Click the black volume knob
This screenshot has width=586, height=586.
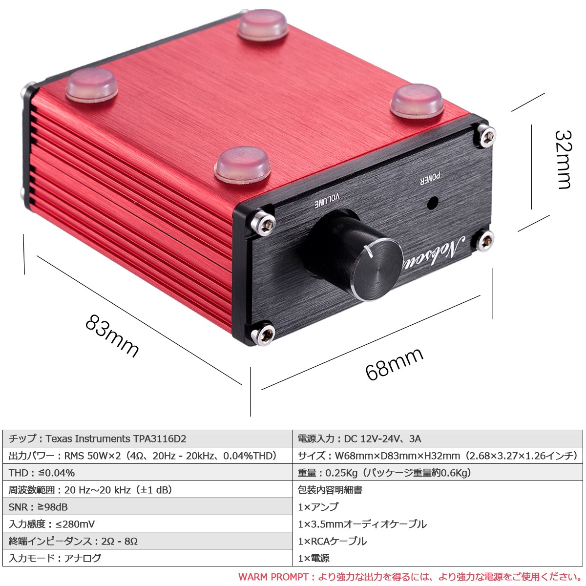pyautogui.click(x=356, y=256)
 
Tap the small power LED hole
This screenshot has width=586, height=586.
pyautogui.click(x=433, y=203)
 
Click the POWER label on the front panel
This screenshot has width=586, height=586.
pyautogui.click(x=430, y=179)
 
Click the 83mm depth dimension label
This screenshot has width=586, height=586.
pyautogui.click(x=112, y=335)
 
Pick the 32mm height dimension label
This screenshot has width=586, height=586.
pyautogui.click(x=563, y=160)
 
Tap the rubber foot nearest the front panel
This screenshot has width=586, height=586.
pyautogui.click(x=243, y=165)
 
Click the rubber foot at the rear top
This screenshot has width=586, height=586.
pyautogui.click(x=263, y=24)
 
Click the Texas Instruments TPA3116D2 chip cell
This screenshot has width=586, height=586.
pyautogui.click(x=147, y=439)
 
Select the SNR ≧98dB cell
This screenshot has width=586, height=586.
pyautogui.click(x=147, y=507)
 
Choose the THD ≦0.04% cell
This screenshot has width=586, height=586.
pyautogui.click(x=147, y=473)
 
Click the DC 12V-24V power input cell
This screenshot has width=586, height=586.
pyautogui.click(x=438, y=439)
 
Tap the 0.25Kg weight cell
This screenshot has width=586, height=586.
pyautogui.click(x=438, y=473)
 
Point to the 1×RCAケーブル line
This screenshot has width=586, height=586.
pyautogui.click(x=332, y=541)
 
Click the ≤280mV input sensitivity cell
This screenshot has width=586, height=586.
pyautogui.click(x=147, y=524)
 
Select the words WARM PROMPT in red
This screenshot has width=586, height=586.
pyautogui.click(x=273, y=577)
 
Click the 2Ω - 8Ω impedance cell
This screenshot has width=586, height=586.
pyautogui.click(x=147, y=541)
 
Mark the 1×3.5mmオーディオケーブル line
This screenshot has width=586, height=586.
pyautogui.click(x=362, y=524)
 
